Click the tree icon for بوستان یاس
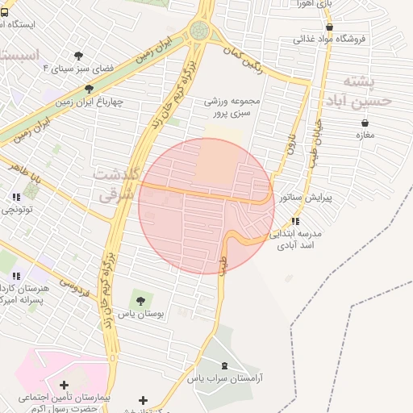tap(141, 300)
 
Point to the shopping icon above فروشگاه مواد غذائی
tap(329, 27)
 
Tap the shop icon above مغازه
tap(365, 123)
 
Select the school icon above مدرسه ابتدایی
tap(295, 220)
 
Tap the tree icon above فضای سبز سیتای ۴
tap(78, 56)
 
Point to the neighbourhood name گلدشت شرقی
tap(118, 184)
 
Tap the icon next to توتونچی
tap(15, 196)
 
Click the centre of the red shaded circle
tap(206, 206)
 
